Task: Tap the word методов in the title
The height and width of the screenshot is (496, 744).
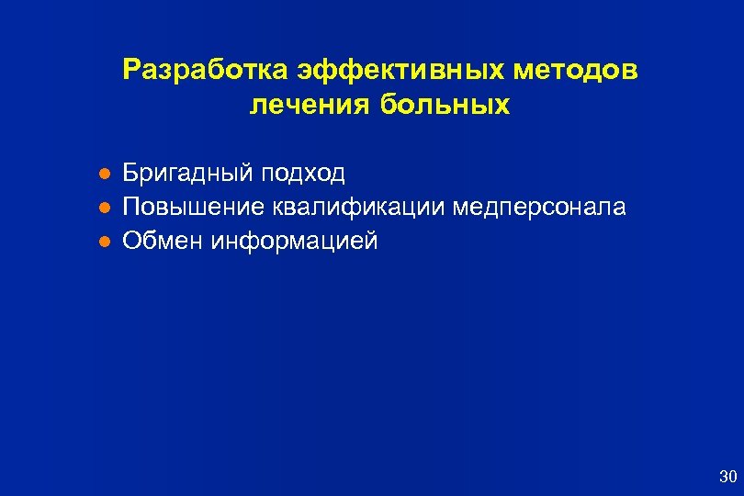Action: [x=576, y=71]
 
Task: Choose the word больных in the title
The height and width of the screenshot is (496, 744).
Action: [x=443, y=106]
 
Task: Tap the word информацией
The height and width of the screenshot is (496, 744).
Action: [x=295, y=242]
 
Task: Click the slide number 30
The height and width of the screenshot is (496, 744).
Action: [x=727, y=476]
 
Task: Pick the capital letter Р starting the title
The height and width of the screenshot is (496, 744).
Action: [x=130, y=71]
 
